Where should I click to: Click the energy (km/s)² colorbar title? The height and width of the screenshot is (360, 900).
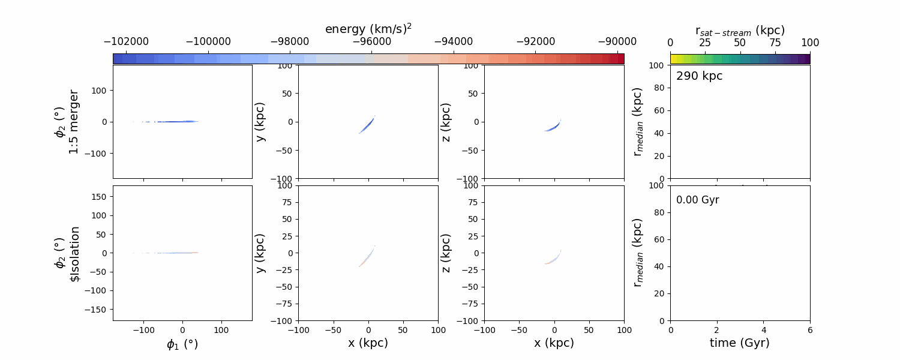pos(368,29)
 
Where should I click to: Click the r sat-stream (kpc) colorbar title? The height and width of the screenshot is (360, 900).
pos(740,30)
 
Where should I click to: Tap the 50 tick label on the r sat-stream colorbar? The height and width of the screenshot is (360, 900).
pos(740,43)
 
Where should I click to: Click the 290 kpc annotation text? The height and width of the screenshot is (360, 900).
pos(699,76)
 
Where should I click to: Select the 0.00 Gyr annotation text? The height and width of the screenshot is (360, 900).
pos(697,200)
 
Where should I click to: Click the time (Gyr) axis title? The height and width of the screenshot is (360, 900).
pos(740,343)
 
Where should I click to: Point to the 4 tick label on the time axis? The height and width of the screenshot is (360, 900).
pos(764,330)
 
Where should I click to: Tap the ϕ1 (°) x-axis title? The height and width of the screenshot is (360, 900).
pos(182,344)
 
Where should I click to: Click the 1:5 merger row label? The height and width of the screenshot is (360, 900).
pos(73,122)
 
